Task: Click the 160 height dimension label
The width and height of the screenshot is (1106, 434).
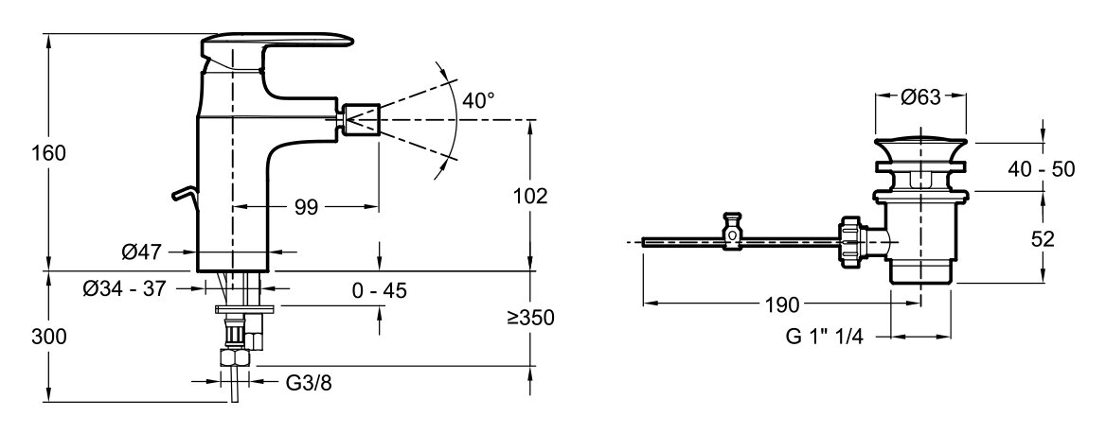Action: tap(48, 152)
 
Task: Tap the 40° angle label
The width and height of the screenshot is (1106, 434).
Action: tap(478, 100)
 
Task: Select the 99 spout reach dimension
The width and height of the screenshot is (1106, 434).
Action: tap(306, 207)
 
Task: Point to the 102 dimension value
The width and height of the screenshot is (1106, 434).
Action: tap(530, 196)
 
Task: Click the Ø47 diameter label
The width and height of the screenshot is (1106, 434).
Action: tap(141, 251)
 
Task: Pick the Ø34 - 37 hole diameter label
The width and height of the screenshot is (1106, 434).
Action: tap(123, 288)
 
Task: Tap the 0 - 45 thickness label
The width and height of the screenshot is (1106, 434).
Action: tap(381, 289)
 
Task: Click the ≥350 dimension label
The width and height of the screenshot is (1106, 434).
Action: tap(530, 318)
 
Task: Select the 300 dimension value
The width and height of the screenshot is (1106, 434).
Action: tap(48, 337)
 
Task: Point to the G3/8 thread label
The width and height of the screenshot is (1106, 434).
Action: tap(309, 383)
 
